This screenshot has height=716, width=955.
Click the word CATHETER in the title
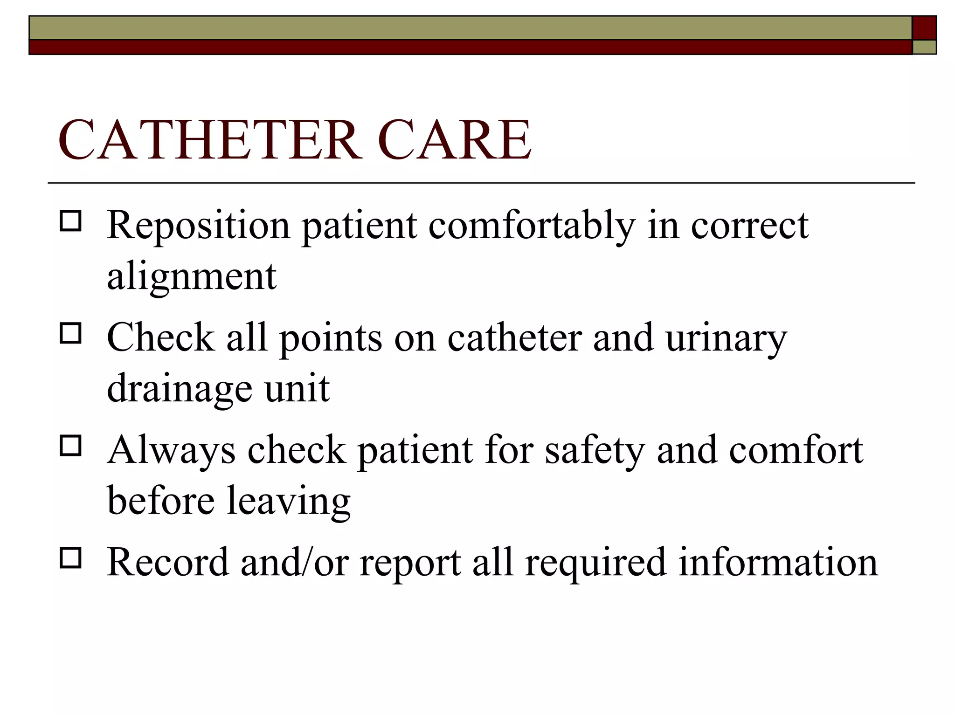[x=210, y=140]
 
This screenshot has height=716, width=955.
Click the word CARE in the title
[x=455, y=140]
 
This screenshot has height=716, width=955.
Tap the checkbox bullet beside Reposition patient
[x=70, y=221]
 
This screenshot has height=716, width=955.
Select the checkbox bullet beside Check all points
[x=70, y=333]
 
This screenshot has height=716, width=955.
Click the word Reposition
[x=199, y=227]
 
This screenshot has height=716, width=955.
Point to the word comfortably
[x=532, y=227]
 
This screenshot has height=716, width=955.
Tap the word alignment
[x=192, y=277]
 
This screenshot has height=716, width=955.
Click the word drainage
[x=180, y=389]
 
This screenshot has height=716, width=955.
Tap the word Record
[x=168, y=563]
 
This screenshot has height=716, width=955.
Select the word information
[x=778, y=563]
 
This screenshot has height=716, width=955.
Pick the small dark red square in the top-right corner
[x=924, y=28]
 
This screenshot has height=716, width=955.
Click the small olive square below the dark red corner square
[x=924, y=47]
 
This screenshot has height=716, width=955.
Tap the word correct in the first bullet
[x=749, y=227]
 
